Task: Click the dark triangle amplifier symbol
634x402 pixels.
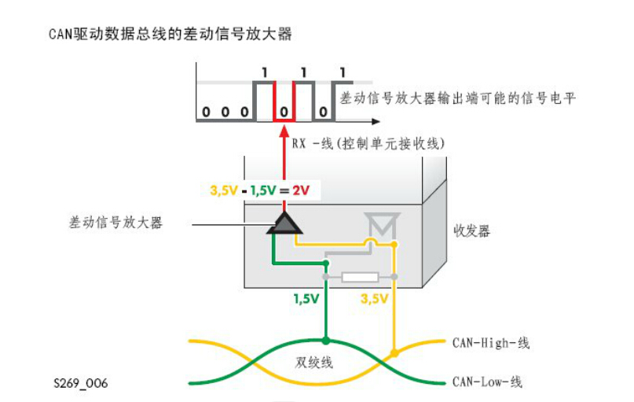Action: coord(283,223)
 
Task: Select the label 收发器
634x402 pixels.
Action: coord(471,231)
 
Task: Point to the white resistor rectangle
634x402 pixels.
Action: coord(361,277)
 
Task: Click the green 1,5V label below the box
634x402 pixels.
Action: coord(306,299)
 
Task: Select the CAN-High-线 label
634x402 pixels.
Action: coord(491,343)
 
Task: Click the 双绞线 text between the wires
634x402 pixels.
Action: coord(314,363)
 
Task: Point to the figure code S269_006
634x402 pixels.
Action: coord(80,383)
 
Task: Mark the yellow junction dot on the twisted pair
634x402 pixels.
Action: coord(395,353)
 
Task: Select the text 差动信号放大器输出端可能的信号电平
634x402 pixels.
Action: coord(459,98)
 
